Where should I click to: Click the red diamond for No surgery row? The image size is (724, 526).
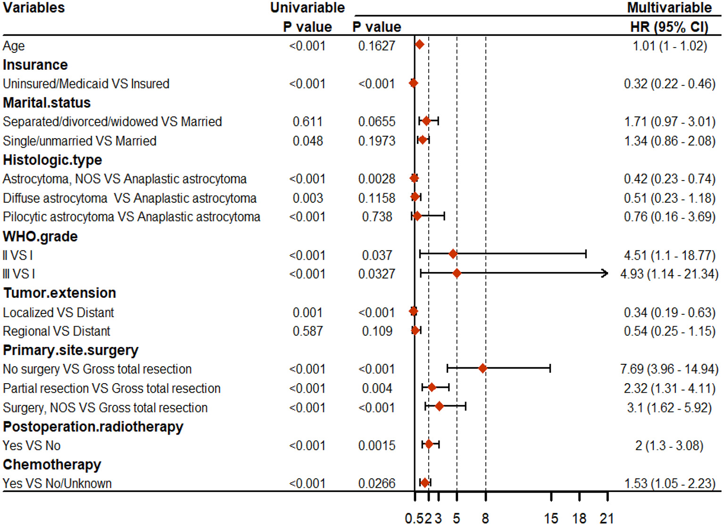(482, 369)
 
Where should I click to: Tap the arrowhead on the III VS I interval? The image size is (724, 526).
(605, 273)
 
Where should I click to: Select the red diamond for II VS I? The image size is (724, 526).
(453, 255)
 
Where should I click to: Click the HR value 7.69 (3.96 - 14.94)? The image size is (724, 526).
(669, 369)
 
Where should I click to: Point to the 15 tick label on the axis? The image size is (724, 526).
(551, 518)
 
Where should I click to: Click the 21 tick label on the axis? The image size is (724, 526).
(607, 518)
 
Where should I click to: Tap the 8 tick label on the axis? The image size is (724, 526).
(485, 518)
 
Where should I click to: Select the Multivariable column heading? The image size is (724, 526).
(669, 8)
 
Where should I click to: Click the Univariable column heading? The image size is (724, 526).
(307, 8)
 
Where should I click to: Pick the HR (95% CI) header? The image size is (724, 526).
(669, 27)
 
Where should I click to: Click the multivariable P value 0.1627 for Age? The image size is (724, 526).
(376, 46)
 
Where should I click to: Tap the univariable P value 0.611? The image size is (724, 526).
(307, 122)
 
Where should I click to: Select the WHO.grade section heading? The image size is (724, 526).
(40, 236)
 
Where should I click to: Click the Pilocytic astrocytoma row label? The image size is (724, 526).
(131, 217)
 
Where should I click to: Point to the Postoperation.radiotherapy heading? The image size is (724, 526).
(93, 427)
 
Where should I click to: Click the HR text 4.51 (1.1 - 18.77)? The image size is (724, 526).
(669, 255)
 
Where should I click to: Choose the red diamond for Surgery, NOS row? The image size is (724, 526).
(439, 406)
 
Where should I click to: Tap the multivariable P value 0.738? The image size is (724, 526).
(376, 217)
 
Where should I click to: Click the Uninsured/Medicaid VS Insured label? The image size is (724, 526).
(86, 84)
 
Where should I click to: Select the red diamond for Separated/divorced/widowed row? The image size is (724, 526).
(426, 121)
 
